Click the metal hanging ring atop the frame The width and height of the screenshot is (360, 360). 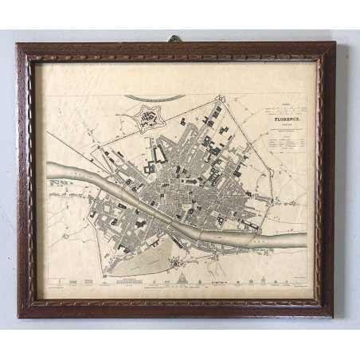point(173,38)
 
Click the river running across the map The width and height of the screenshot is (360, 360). point(159,202)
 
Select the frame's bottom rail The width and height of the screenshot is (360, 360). point(175,307)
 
